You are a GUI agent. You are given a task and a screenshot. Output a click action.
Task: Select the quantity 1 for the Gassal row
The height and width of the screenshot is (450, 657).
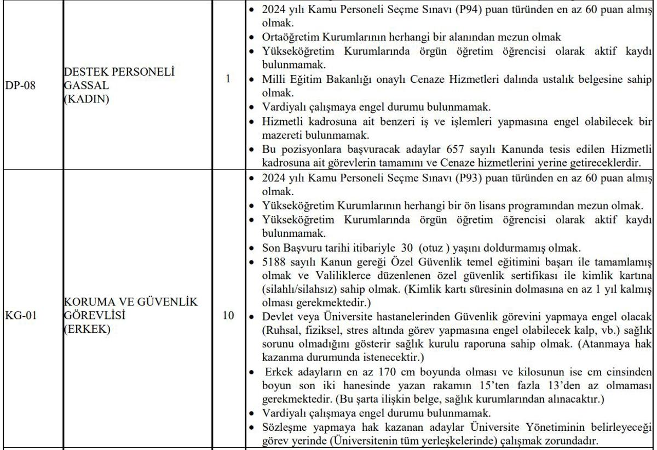[x=227, y=79]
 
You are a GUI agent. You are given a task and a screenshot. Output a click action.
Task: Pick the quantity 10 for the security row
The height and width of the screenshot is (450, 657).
[x=229, y=316]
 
